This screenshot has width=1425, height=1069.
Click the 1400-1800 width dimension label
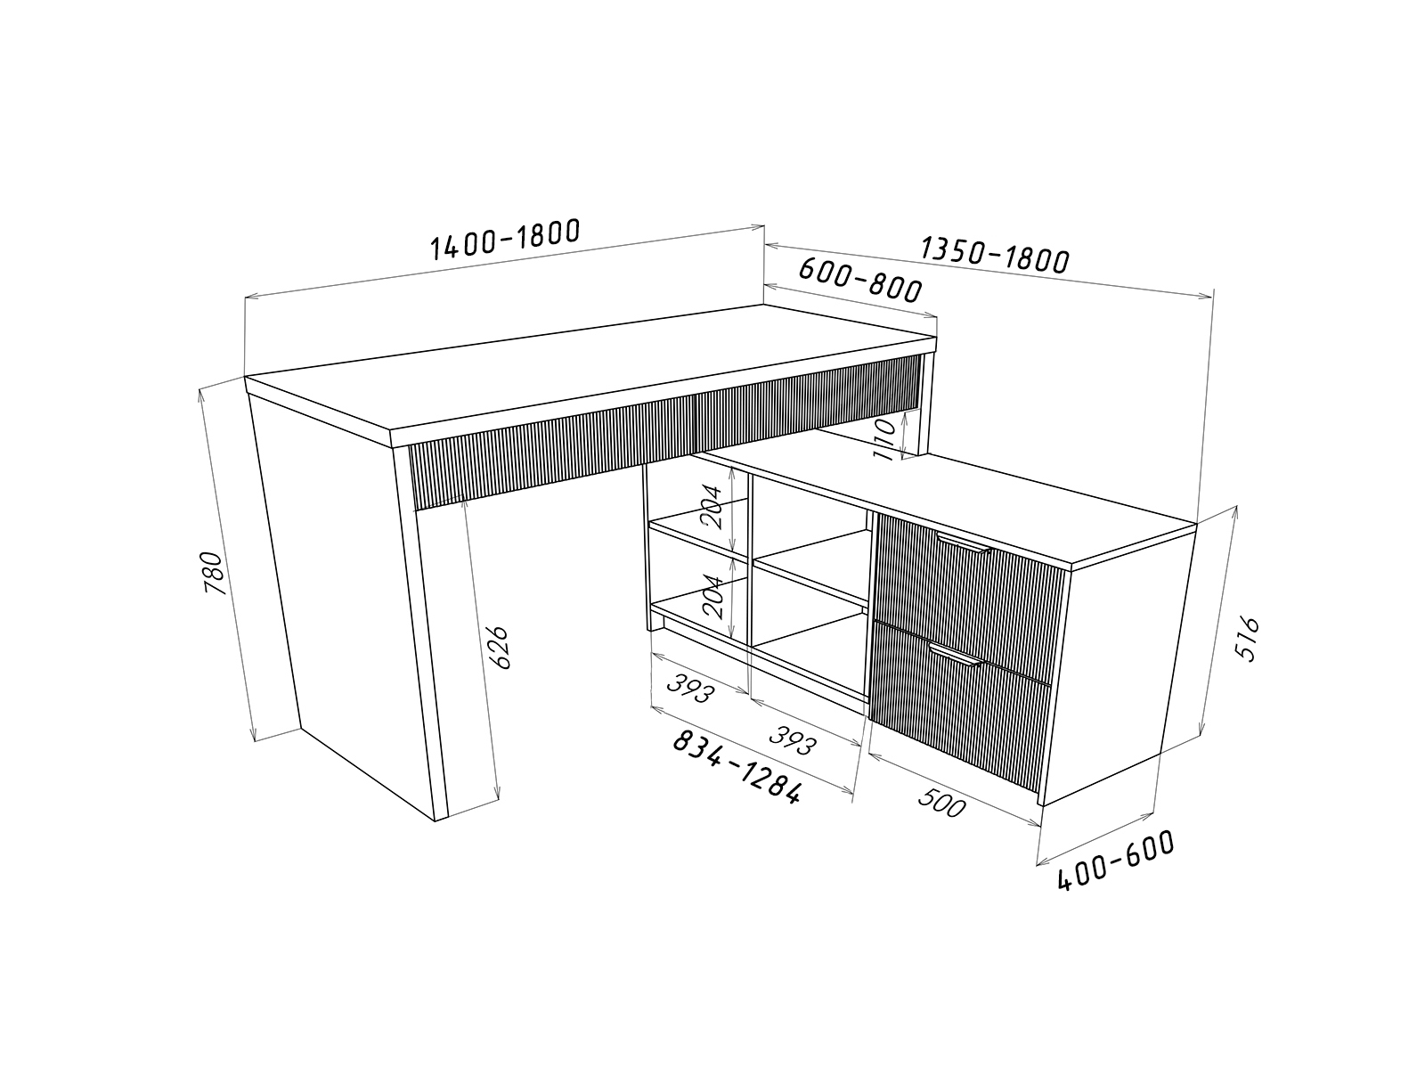(x=504, y=239)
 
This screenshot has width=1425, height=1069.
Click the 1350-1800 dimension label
(x=995, y=255)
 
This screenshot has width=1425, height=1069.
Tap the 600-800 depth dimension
(x=860, y=279)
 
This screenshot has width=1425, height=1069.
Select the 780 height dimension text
(x=216, y=573)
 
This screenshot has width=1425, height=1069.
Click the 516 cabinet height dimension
(x=1249, y=638)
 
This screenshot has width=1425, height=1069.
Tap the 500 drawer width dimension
(x=942, y=803)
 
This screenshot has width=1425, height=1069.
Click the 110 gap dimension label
(x=885, y=439)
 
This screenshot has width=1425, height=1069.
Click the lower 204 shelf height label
(x=712, y=597)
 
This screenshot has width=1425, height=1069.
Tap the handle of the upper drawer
(x=964, y=544)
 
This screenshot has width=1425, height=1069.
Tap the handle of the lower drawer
(x=957, y=656)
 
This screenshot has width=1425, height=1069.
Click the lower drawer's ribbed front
(x=960, y=706)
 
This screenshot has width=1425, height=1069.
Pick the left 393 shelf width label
(x=691, y=688)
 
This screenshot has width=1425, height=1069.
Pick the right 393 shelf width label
(x=792, y=740)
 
